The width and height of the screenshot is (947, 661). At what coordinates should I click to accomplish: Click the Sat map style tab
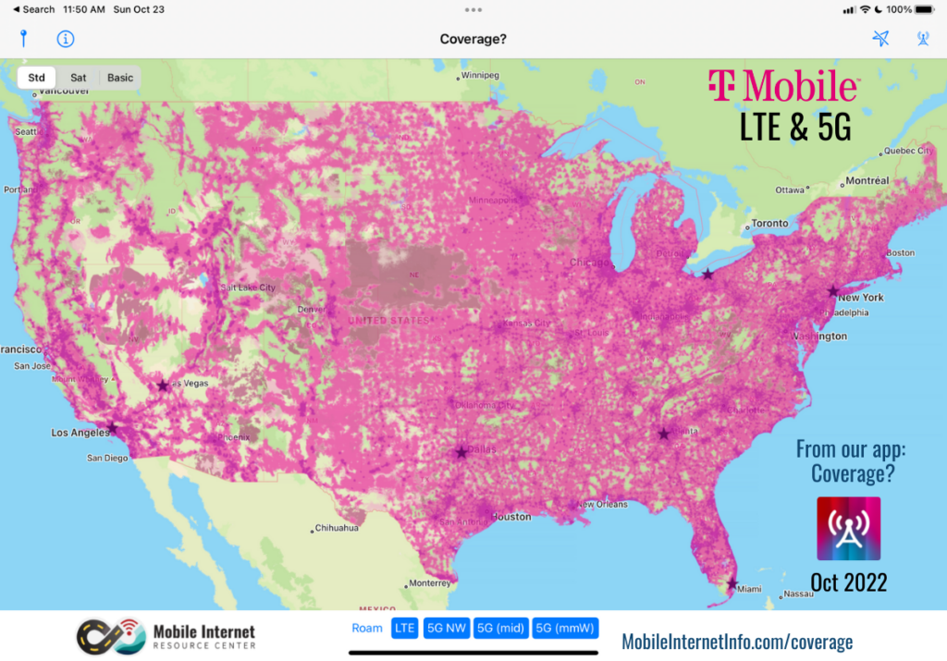point(79,78)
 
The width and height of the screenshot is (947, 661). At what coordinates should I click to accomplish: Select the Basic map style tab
point(120,78)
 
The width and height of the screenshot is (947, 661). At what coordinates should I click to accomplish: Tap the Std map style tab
point(36,78)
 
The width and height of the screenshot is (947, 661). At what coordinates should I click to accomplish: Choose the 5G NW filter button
point(446,629)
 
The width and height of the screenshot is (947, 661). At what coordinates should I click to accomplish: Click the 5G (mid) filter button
point(499,629)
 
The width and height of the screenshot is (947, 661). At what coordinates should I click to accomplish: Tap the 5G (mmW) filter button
point(565,629)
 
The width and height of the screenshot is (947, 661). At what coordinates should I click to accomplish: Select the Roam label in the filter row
point(367,629)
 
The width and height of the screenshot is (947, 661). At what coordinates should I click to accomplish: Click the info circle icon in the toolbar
point(66,39)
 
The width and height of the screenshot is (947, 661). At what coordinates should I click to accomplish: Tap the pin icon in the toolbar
point(24,39)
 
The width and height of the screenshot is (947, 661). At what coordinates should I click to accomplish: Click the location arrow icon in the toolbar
point(880,39)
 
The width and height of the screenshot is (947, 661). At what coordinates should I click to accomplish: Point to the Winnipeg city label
point(479,75)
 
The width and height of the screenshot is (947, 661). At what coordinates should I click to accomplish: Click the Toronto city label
point(769,224)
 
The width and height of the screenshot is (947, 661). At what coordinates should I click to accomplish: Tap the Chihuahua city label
point(336,529)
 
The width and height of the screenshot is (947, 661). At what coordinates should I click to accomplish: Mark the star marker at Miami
point(732,583)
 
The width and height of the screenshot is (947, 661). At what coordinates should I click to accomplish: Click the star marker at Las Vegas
point(164,385)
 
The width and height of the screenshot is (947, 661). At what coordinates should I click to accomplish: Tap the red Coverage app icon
point(848,529)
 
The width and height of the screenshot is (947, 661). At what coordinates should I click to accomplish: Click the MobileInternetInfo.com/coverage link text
point(737,641)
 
